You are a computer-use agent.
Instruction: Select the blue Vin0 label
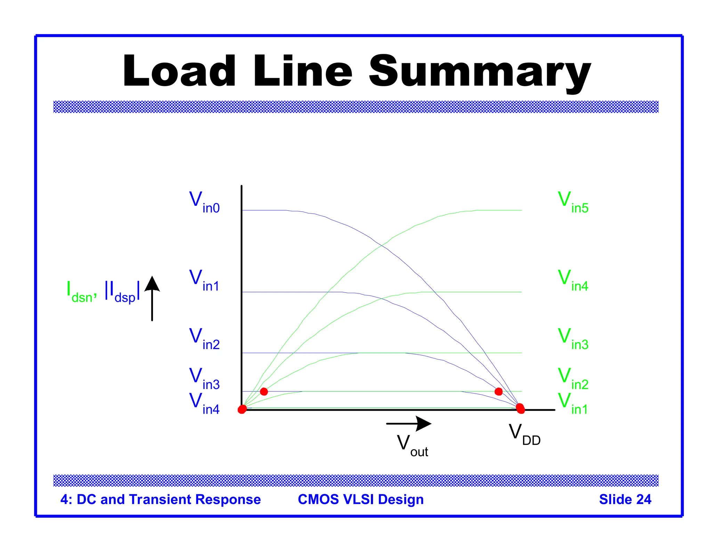click(x=204, y=202)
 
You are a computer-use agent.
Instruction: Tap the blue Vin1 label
click(x=204, y=281)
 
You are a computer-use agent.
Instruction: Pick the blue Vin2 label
click(x=204, y=339)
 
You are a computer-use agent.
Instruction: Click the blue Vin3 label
click(x=204, y=379)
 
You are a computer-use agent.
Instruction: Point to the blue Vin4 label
click(x=204, y=403)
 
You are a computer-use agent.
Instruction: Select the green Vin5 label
click(x=573, y=202)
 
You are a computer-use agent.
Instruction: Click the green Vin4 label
click(x=573, y=281)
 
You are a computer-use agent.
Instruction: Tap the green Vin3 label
click(x=573, y=339)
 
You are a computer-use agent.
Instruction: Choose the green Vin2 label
click(x=573, y=379)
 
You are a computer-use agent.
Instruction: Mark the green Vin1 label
click(x=573, y=403)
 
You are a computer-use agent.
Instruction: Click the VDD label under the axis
click(x=524, y=435)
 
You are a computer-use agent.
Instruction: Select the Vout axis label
click(x=412, y=446)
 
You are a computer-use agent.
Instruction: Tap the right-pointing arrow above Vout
click(x=409, y=423)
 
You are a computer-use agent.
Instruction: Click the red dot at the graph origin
click(x=242, y=409)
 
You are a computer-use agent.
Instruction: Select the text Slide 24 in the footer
click(x=625, y=499)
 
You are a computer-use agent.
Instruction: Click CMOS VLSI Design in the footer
click(x=361, y=499)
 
